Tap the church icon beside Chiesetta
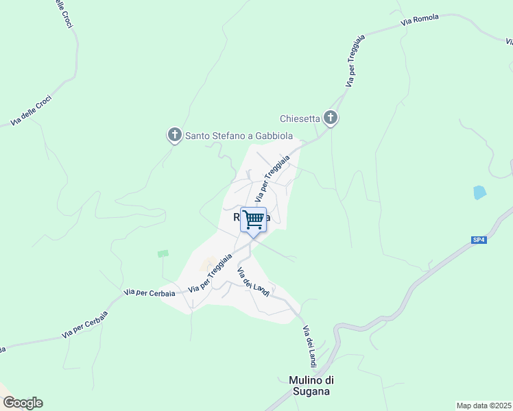[x=331, y=119]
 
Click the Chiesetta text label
[x=300, y=119]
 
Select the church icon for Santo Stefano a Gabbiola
[x=175, y=135]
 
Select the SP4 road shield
[x=478, y=240]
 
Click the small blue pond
[x=479, y=192]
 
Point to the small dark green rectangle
[x=163, y=253]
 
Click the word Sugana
[x=309, y=391]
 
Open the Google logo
[x=22, y=402]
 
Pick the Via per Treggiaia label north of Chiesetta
[x=352, y=66]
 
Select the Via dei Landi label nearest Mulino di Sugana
[x=309, y=346]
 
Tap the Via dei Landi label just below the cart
[x=252, y=280]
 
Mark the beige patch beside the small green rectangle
[x=208, y=263]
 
